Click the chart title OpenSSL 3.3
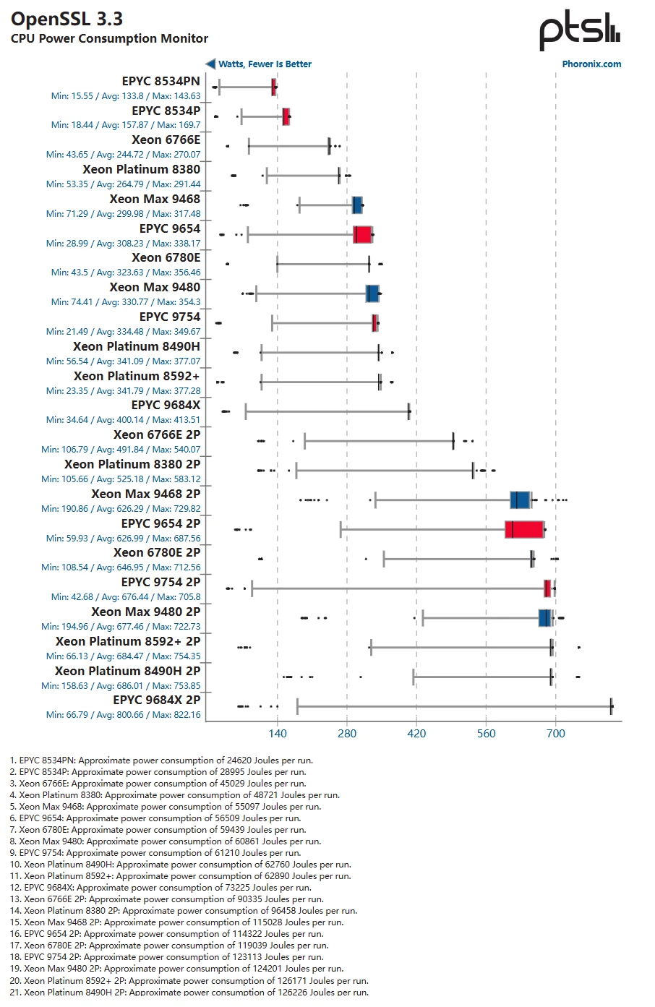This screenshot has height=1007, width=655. (x=67, y=19)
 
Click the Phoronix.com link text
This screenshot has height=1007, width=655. (x=591, y=64)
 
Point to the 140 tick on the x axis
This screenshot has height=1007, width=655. (x=278, y=734)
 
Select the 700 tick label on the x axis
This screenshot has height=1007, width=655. (x=555, y=734)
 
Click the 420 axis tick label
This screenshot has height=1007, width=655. (x=416, y=734)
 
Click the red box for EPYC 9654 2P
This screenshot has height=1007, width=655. (x=524, y=529)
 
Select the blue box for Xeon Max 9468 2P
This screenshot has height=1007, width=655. (x=520, y=500)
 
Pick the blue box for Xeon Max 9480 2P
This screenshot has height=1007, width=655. (x=545, y=617)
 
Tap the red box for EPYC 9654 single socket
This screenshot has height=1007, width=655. (x=363, y=234)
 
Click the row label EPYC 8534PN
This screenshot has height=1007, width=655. (x=160, y=81)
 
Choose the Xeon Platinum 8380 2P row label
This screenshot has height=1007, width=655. (x=132, y=464)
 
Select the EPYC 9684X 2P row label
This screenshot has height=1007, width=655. (x=156, y=700)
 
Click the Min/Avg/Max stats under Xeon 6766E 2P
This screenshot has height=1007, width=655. (x=121, y=450)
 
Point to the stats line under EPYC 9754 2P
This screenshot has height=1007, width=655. (x=126, y=597)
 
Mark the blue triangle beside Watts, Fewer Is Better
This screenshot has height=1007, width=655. (x=210, y=64)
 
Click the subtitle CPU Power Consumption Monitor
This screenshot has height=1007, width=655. (x=109, y=39)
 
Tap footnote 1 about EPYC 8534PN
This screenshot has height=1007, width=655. (x=161, y=760)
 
